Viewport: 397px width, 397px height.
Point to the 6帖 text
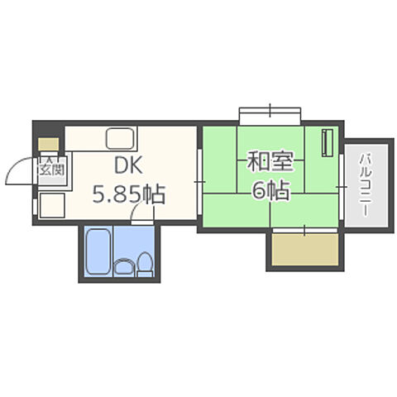(x=270, y=191)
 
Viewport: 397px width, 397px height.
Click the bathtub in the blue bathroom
(x=98, y=251)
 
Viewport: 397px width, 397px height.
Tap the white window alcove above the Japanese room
(x=270, y=115)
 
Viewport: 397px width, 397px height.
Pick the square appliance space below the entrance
(x=49, y=203)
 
